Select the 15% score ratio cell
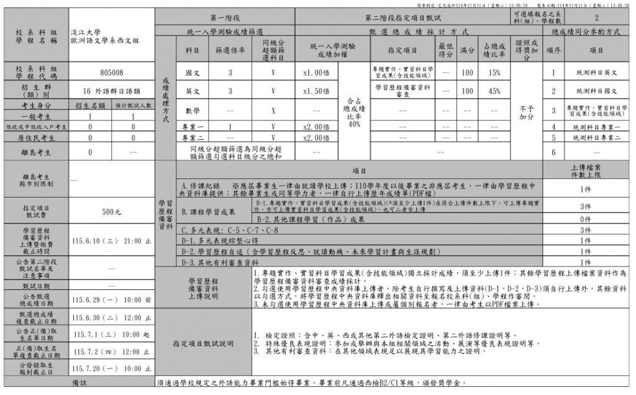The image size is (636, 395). click(x=494, y=73)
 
